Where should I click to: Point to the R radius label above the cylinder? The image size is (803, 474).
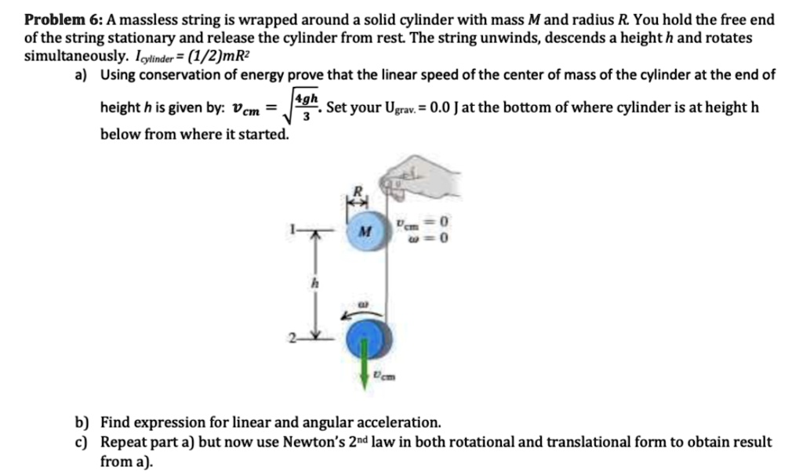pyautogui.click(x=355, y=190)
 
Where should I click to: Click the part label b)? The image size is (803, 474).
pyautogui.click(x=82, y=422)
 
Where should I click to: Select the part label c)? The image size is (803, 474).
pyautogui.click(x=82, y=442)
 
